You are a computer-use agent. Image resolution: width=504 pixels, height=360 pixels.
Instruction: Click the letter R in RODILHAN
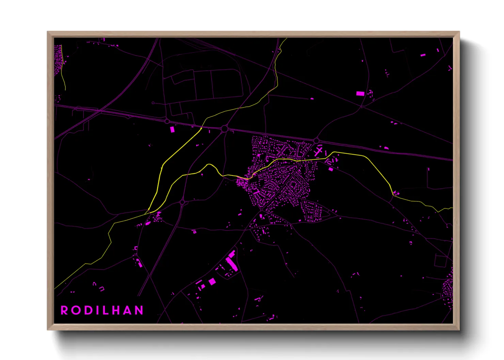point(64,310)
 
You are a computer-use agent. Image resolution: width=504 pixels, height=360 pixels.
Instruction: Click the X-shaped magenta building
point(318,151)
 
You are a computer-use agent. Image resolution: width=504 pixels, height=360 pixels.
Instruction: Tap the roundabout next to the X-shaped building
point(316,141)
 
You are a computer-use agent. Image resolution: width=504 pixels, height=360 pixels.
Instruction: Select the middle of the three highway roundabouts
point(224,129)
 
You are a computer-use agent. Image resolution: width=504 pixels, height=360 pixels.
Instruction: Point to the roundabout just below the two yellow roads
point(182,202)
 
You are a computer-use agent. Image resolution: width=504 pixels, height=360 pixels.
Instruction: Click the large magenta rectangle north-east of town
point(360,94)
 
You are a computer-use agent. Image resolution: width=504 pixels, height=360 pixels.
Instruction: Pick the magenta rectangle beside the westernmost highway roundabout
point(172,129)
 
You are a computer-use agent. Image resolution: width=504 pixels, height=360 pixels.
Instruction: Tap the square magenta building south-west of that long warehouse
point(212,281)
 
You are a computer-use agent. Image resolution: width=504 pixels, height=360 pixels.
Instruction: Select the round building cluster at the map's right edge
point(448,289)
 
